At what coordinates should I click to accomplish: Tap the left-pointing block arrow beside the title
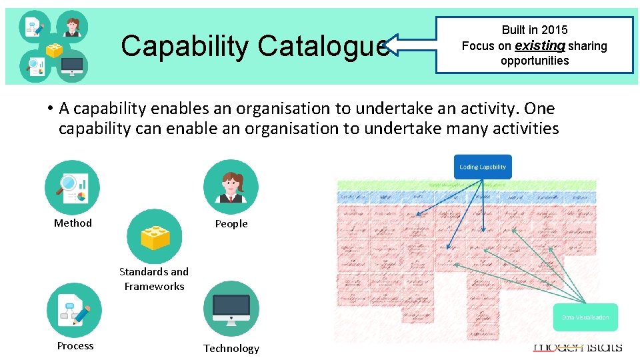click(x=409, y=45)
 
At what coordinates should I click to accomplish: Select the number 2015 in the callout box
click(x=554, y=30)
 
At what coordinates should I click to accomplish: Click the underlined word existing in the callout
click(x=539, y=45)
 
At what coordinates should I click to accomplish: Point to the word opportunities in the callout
click(x=535, y=61)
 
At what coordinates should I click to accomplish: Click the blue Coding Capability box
click(x=483, y=167)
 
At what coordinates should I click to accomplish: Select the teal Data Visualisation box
click(x=585, y=317)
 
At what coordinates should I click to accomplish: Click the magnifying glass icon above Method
click(x=72, y=187)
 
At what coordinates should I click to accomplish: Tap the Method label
click(x=73, y=223)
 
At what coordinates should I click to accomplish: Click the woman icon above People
click(x=231, y=187)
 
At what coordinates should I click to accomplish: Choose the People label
click(x=231, y=224)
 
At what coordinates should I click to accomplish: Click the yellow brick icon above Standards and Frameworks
click(x=154, y=237)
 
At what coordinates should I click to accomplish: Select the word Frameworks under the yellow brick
click(x=154, y=286)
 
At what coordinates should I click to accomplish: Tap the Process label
click(x=75, y=345)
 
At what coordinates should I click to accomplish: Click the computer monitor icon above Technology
click(x=231, y=309)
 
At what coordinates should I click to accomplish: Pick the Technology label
click(x=231, y=348)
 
